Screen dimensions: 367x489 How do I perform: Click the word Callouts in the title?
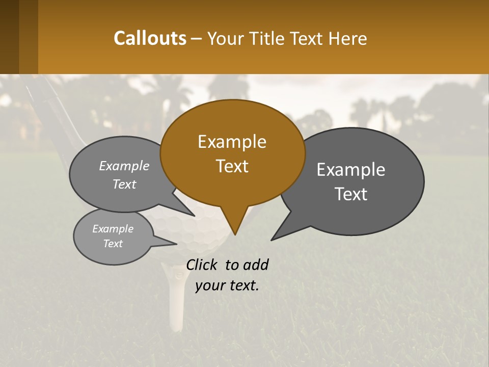[150, 38]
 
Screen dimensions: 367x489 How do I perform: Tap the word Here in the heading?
[347, 39]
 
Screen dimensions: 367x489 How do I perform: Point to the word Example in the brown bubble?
[232, 142]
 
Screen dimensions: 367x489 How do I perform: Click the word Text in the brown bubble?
[232, 166]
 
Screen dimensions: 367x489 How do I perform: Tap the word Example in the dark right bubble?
[351, 170]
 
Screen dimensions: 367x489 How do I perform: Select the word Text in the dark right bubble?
[351, 194]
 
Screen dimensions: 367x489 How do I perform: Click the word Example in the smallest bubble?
[113, 229]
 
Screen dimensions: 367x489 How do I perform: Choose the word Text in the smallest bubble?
[113, 244]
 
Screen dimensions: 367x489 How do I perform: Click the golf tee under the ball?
[176, 301]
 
